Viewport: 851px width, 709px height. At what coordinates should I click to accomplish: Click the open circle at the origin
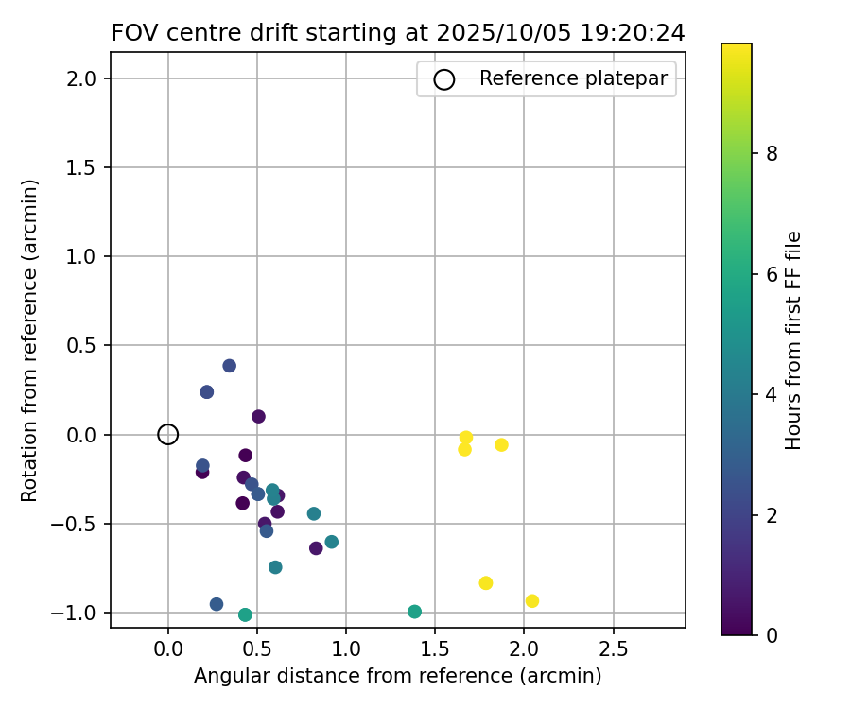point(168,435)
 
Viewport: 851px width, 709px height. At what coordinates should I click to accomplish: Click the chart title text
point(398,32)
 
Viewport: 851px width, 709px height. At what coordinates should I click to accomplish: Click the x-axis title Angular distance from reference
point(398,676)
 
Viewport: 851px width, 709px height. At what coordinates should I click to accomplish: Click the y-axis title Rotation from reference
point(31,340)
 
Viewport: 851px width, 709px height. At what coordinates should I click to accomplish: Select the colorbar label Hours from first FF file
point(794,340)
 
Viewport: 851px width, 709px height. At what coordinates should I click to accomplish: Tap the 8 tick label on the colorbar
point(772,153)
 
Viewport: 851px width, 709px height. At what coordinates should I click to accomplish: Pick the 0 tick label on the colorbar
point(772,635)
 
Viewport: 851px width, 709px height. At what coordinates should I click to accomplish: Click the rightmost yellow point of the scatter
point(532,601)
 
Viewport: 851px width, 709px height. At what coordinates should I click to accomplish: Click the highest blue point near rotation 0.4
point(229,366)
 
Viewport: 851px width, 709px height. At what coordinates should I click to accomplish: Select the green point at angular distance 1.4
point(414,612)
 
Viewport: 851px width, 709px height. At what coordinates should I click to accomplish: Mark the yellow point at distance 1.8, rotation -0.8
point(486,583)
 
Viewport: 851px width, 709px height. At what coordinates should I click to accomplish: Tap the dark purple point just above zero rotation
point(258,417)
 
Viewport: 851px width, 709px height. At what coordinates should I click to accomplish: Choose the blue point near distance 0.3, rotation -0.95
point(217,604)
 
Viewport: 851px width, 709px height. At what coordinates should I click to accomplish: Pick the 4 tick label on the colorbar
point(772,394)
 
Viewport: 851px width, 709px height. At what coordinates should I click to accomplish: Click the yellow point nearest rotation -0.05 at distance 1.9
point(501,445)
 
